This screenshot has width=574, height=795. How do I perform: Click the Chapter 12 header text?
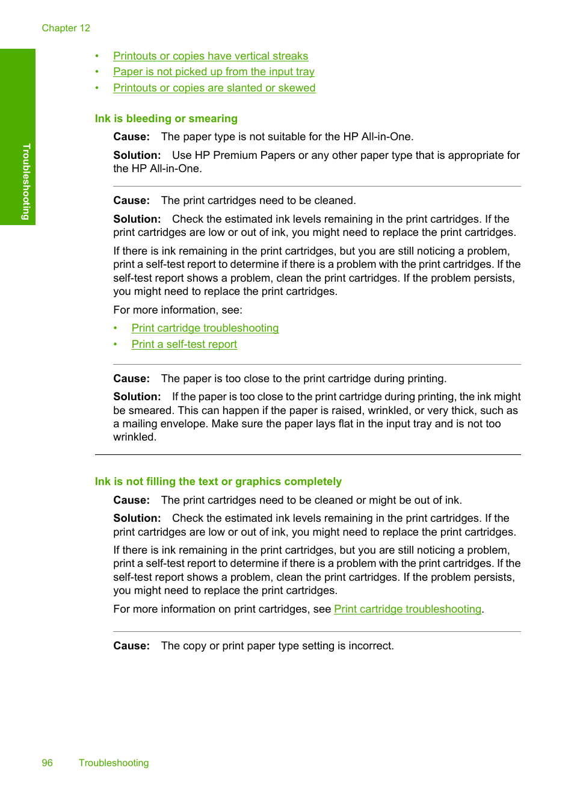click(x=66, y=28)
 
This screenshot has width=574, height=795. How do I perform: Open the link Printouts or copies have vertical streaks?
click(x=211, y=56)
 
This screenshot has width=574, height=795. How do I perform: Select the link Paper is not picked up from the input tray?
click(x=214, y=72)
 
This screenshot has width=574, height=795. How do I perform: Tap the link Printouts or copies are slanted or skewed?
click(x=214, y=88)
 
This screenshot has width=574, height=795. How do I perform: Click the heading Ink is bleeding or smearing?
click(x=166, y=119)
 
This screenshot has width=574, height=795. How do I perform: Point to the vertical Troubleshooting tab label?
click(x=26, y=181)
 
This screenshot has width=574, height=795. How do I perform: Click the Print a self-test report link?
click(x=184, y=344)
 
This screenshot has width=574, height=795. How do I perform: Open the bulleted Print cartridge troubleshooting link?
click(x=205, y=328)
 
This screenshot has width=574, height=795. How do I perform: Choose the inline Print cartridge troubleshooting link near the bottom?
click(x=407, y=609)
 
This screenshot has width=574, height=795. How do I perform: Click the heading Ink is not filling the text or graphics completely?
click(x=218, y=481)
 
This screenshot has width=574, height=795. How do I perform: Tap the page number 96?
click(x=47, y=763)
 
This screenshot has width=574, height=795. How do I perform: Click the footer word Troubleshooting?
click(x=114, y=763)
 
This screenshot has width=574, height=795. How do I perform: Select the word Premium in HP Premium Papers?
click(x=235, y=155)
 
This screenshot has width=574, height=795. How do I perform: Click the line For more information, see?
click(x=177, y=310)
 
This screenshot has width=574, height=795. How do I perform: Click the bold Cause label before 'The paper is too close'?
click(x=131, y=379)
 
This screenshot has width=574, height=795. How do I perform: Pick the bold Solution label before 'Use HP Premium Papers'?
click(x=137, y=155)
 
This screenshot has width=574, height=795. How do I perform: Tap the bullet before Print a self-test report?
click(x=116, y=344)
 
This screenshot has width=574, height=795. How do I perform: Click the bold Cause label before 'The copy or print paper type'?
click(x=131, y=646)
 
